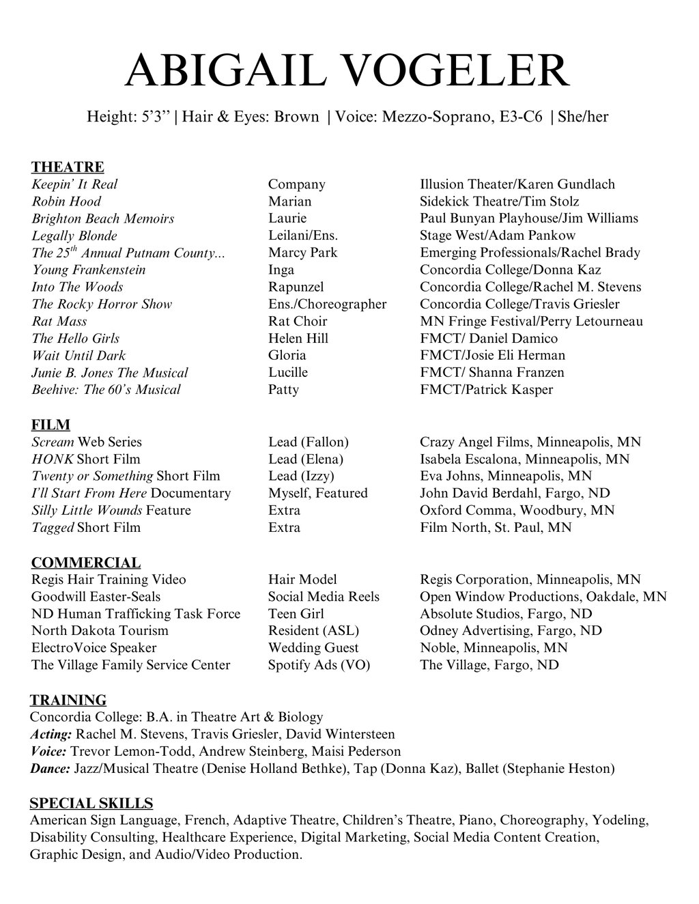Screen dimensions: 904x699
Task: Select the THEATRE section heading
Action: (x=68, y=167)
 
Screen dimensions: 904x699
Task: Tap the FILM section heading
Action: (x=51, y=425)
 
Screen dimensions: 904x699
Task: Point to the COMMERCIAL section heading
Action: (x=86, y=563)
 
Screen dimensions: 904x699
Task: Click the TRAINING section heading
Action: (x=68, y=700)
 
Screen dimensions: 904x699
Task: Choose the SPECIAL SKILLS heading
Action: (x=91, y=803)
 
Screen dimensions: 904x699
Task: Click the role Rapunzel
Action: (x=296, y=287)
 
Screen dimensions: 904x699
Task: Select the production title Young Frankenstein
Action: (x=88, y=270)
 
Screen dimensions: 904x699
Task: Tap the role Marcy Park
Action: (x=302, y=253)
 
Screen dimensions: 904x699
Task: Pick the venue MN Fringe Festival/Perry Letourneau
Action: (x=531, y=321)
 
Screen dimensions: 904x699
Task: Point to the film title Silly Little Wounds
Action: (x=87, y=510)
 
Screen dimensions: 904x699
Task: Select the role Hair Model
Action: (x=302, y=580)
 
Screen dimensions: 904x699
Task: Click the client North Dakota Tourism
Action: (x=100, y=630)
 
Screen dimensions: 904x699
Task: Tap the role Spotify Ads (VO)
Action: (x=319, y=665)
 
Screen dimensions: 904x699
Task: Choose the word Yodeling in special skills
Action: (x=620, y=820)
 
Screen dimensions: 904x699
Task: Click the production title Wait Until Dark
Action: (x=79, y=355)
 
